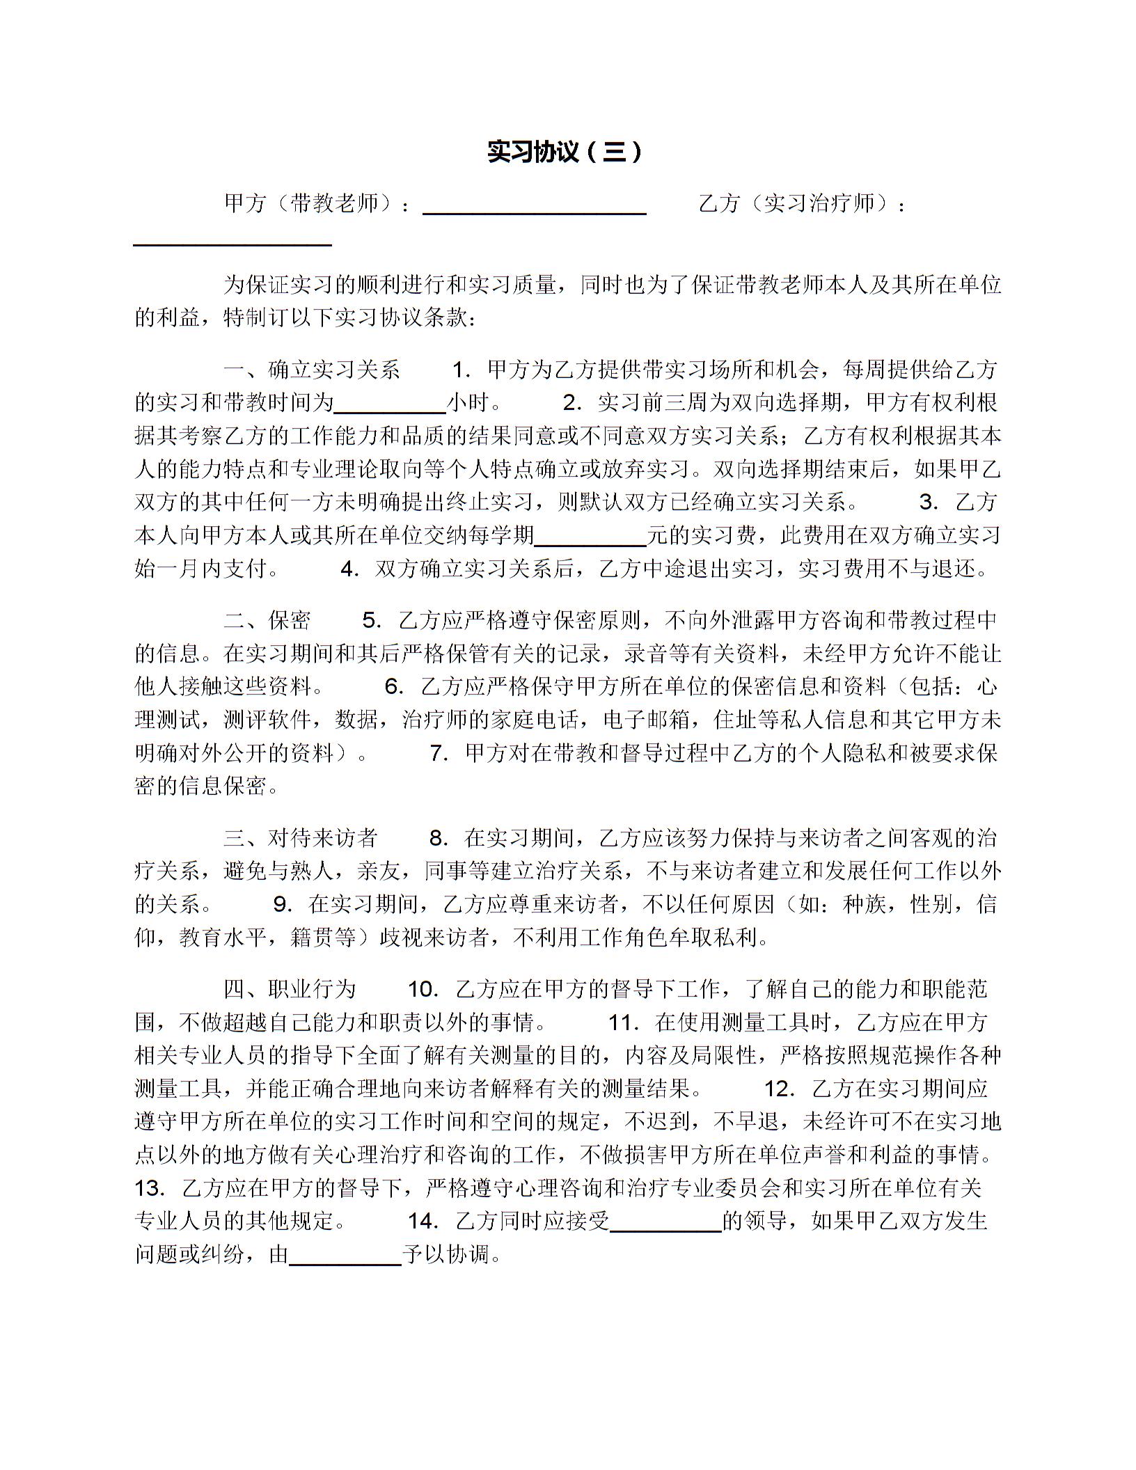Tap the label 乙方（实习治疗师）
[800, 203]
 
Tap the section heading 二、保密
[267, 620]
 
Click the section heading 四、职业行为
[290, 989]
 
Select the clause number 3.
[929, 502]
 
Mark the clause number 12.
[780, 1089]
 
